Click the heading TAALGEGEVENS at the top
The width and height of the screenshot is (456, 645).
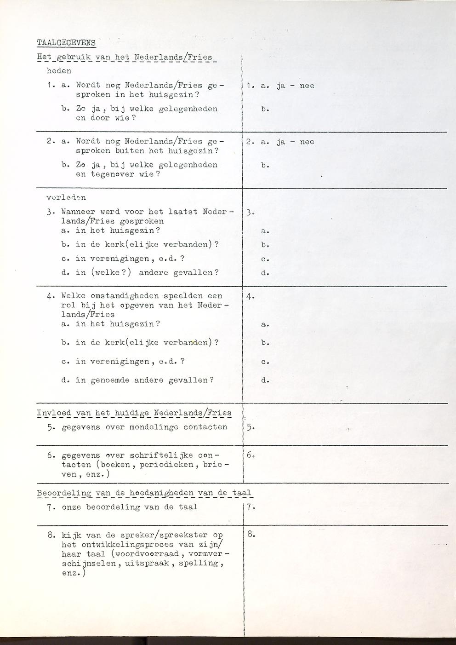(x=66, y=43)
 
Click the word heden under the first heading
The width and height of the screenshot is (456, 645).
(x=59, y=71)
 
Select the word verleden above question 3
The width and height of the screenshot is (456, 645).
(x=66, y=198)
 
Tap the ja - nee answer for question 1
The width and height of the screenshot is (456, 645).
(x=295, y=86)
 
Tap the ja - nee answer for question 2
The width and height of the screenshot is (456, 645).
(x=295, y=142)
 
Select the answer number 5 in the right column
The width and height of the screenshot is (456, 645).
(x=249, y=427)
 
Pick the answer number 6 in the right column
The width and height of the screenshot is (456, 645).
(x=250, y=455)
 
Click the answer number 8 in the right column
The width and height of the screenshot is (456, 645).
(x=250, y=535)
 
